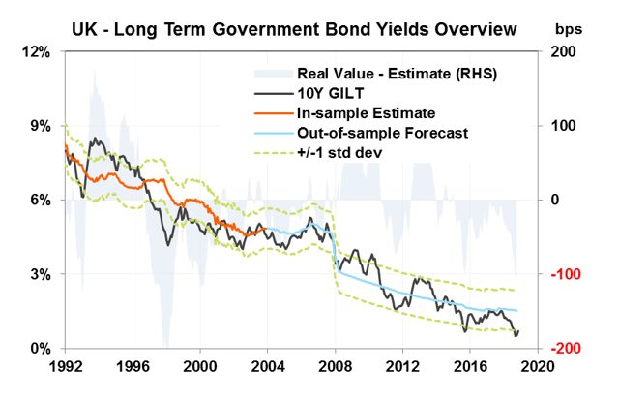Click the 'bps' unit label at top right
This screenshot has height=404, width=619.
pos(584,26)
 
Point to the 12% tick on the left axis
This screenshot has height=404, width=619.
pos(36,51)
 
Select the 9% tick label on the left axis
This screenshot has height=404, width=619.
pos(40,126)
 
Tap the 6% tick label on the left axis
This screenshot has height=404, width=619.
pos(40,200)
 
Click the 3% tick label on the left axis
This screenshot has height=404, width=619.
pos(40,274)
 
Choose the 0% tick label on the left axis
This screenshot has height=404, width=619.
pos(40,349)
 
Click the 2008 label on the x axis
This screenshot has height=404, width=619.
pos(336,368)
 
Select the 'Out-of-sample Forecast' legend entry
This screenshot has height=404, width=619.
pos(372,133)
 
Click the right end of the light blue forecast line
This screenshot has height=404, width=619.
pos(517,311)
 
